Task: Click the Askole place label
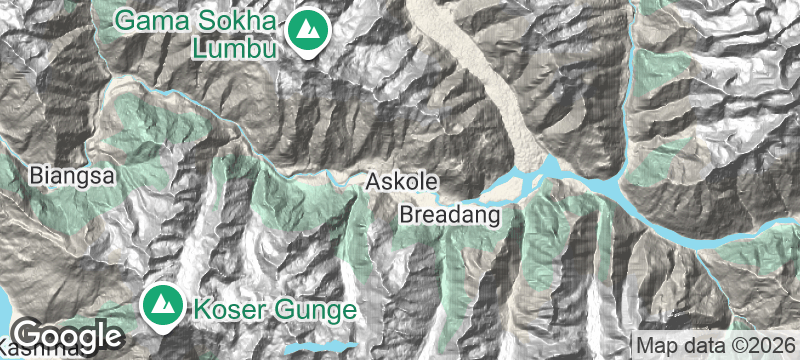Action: tap(403, 182)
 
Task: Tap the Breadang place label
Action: tap(449, 215)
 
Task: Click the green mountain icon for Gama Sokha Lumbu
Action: tap(306, 33)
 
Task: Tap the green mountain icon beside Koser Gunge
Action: tap(160, 304)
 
